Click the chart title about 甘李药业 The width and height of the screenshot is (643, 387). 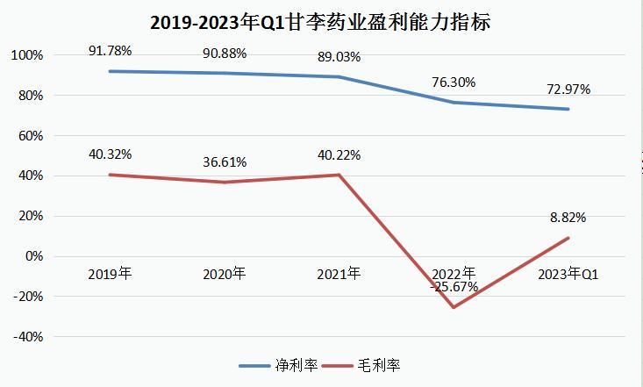point(321,21)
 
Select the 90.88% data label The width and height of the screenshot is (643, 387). point(225,53)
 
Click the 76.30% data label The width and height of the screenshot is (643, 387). point(454,82)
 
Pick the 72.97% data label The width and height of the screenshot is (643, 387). point(568,89)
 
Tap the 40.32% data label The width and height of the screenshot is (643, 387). point(110,154)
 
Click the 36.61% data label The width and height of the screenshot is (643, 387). point(225,162)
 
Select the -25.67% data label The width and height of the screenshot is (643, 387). point(454,286)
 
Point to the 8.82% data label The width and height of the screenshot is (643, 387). point(568,218)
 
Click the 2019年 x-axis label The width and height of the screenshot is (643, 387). point(110,273)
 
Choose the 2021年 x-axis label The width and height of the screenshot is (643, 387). point(339,273)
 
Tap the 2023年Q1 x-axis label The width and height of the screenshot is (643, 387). point(568,273)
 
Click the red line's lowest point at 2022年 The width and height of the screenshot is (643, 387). point(454,307)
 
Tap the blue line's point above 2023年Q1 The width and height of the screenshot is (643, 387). point(568,109)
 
